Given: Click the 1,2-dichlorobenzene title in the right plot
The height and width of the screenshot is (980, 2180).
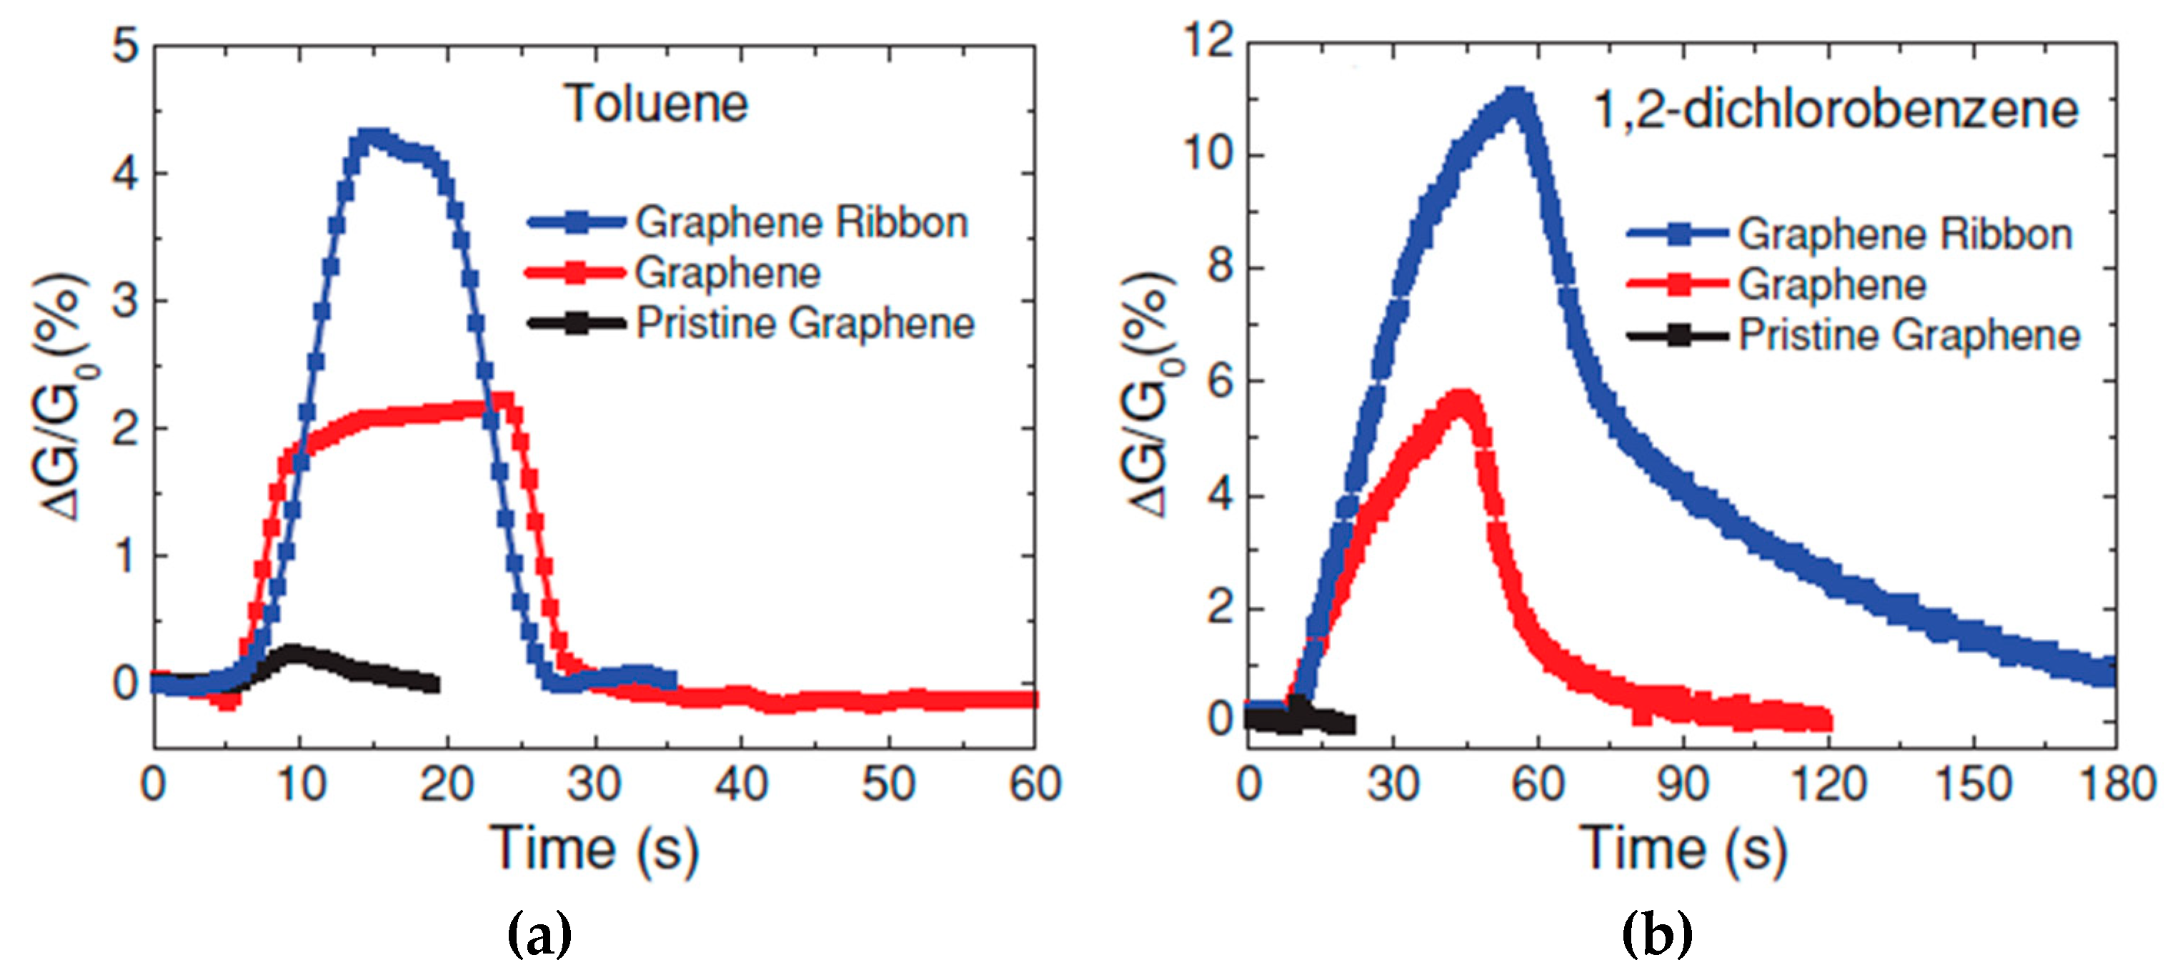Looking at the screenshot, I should click(x=1836, y=110).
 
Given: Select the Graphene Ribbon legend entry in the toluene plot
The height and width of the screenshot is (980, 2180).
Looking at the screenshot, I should click(x=800, y=222).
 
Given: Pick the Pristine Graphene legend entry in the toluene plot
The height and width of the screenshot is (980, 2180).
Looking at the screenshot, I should click(x=804, y=323).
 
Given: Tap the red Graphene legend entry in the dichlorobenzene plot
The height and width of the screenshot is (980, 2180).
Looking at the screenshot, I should click(x=1831, y=284).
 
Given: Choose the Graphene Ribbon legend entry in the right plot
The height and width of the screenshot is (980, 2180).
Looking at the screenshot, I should click(x=1904, y=234).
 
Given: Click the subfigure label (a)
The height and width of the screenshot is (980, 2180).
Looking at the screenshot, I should click(x=539, y=934).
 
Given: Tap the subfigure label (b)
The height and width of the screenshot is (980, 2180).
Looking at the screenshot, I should click(x=1656, y=934).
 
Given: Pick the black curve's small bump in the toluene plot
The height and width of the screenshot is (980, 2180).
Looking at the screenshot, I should click(x=294, y=652).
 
